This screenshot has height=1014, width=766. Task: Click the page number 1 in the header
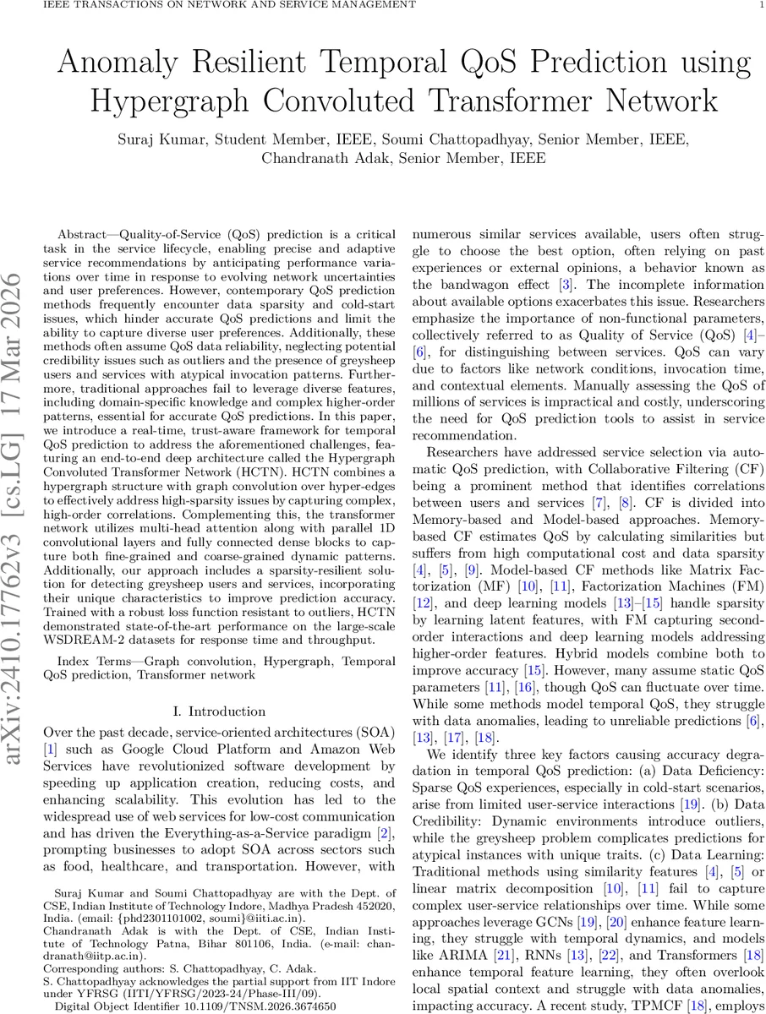[x=760, y=5]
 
